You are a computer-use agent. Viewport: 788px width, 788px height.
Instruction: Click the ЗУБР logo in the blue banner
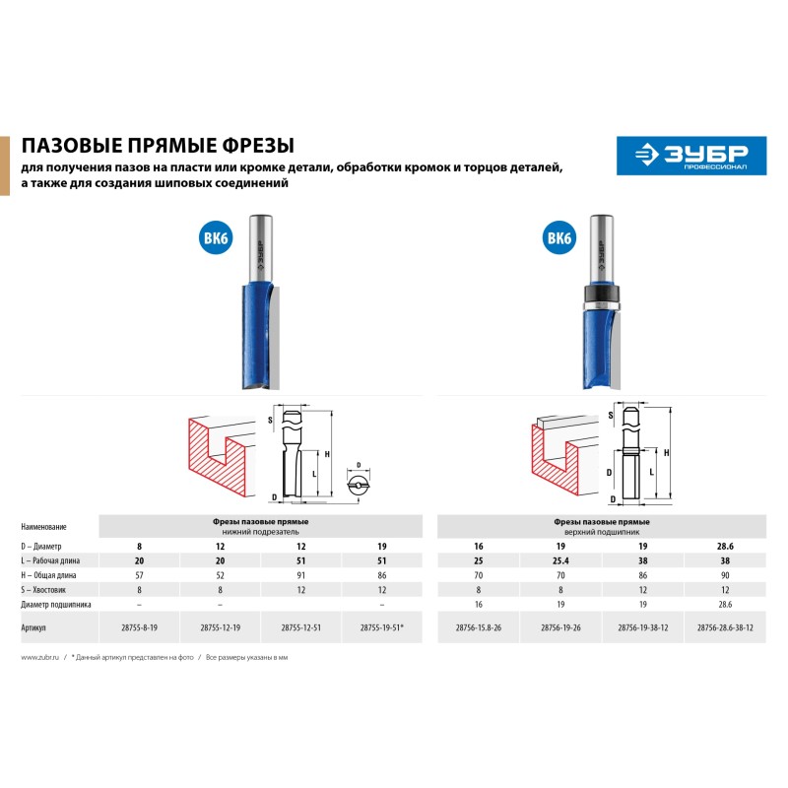(x=691, y=156)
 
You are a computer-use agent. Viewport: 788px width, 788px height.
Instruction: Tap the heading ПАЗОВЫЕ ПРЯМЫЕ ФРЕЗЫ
(x=158, y=145)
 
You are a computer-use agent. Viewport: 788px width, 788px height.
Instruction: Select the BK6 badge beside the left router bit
(x=216, y=237)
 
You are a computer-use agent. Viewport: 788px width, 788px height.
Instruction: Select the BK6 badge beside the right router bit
(x=559, y=237)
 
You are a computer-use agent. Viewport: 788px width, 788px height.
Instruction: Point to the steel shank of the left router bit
(x=261, y=249)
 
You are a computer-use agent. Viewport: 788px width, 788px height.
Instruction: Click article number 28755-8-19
(x=139, y=627)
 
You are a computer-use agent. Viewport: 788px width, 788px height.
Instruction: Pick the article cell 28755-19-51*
(x=382, y=627)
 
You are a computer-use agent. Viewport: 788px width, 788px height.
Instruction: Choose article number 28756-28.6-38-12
(x=725, y=627)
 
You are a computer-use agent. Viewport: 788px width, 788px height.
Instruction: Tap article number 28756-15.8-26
(x=479, y=627)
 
